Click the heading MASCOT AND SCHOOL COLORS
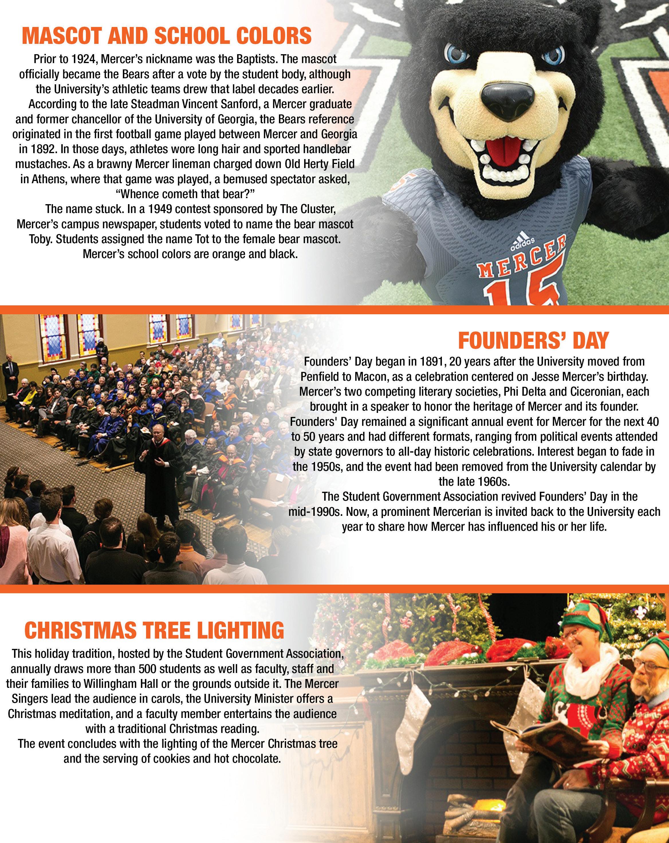pos(167,36)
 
